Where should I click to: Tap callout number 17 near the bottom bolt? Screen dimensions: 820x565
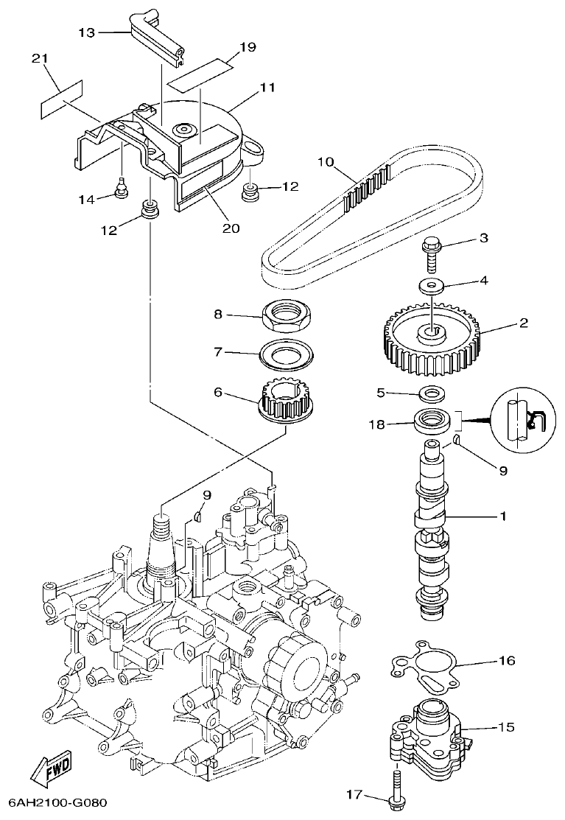(x=355, y=794)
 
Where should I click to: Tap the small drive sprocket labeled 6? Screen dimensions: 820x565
(x=283, y=401)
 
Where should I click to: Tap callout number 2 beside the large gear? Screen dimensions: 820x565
(x=524, y=323)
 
